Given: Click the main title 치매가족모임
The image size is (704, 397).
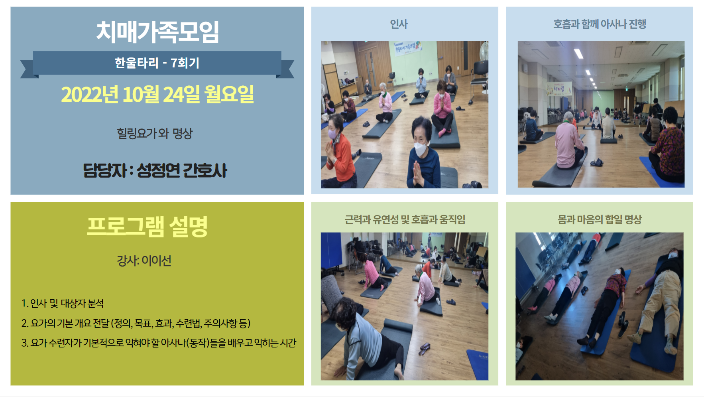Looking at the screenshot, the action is click(157, 32).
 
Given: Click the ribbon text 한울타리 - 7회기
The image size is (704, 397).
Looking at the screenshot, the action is click(157, 63).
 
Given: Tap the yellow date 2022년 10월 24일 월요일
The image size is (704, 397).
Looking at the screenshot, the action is click(157, 95).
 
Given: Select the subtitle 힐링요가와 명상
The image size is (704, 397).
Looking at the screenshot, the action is click(155, 133).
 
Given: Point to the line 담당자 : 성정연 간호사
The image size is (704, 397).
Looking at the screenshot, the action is click(155, 171).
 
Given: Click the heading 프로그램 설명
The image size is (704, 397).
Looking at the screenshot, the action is click(147, 227).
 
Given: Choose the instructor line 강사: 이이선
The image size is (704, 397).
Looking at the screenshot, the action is click(144, 261).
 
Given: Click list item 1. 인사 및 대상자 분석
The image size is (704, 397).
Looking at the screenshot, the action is click(63, 304).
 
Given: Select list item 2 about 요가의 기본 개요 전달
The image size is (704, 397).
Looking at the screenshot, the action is click(136, 323).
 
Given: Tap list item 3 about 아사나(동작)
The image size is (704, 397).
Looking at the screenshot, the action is click(159, 343).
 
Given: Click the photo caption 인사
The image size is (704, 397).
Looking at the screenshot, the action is click(399, 24).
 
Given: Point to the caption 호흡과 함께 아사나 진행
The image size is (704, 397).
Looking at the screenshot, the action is click(600, 24).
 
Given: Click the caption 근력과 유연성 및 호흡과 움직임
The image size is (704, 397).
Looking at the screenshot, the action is click(405, 219).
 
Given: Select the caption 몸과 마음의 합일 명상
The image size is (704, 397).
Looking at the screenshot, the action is click(600, 219).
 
